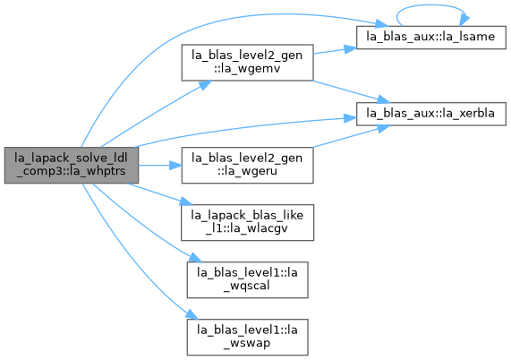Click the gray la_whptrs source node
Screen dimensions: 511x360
click(x=72, y=165)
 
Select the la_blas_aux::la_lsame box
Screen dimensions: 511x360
click(x=430, y=38)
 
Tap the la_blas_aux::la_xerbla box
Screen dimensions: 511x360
click(x=430, y=114)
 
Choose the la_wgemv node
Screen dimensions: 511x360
click(x=247, y=63)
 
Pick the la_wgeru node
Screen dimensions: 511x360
click(x=247, y=165)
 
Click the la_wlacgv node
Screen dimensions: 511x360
click(x=247, y=222)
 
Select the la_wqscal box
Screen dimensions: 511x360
click(x=247, y=279)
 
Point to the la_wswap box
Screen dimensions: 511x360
click(x=247, y=338)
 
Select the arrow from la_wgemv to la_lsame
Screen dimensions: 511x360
click(x=335, y=50)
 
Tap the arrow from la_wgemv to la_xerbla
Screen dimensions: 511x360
click(x=352, y=91)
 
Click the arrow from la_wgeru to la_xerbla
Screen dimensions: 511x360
click(x=352, y=136)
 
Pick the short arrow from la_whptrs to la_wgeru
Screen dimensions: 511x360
click(x=160, y=166)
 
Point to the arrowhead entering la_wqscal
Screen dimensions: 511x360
click(x=195, y=258)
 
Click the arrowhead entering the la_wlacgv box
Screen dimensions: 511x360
click(x=186, y=201)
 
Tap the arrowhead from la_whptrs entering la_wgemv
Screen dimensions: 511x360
click(x=205, y=85)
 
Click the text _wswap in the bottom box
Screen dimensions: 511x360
click(x=247, y=343)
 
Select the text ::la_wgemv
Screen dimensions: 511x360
click(x=247, y=68)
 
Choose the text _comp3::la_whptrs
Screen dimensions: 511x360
click(x=71, y=171)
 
